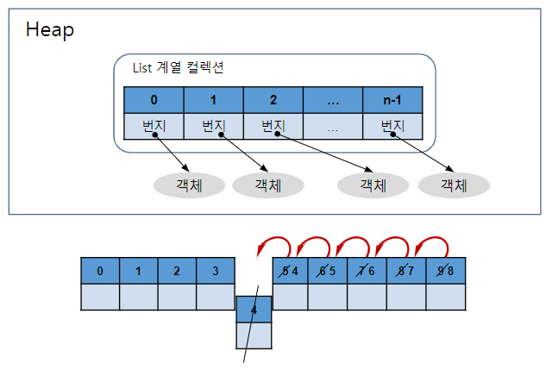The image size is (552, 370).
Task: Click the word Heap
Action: coord(50,30)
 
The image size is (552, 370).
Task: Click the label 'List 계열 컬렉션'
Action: coord(179,67)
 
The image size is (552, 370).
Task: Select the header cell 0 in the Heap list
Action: coord(154,99)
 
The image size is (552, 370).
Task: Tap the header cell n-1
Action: coord(392,99)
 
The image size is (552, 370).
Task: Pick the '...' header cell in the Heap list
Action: coord(333,99)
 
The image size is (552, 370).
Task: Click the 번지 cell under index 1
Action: coord(213,126)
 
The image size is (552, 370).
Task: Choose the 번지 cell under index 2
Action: coord(273,126)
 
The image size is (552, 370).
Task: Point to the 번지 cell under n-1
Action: coord(392,126)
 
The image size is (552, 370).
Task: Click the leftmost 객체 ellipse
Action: coord(189,185)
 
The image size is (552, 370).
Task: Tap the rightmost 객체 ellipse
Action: coord(454,185)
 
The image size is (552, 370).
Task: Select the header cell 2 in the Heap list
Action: coord(273,99)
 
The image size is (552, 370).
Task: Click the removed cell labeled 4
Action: coord(254,309)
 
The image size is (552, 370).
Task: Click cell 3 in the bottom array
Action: coord(215,271)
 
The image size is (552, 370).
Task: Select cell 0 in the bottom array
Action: coord(100,271)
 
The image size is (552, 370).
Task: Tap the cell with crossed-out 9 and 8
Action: coord(445,271)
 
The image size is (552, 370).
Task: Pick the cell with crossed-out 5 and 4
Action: coord(291,271)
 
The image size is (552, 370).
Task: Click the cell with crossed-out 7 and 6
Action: coord(367,271)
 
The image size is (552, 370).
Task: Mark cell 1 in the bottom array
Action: coord(138,271)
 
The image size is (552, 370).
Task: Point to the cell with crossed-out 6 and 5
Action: coord(328,271)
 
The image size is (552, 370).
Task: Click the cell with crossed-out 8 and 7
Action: coord(405,271)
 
